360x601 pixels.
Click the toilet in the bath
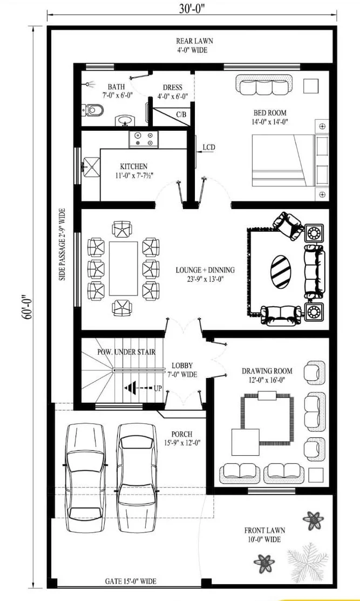[93, 110]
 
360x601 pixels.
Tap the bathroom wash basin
[124, 121]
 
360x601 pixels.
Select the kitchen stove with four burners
[143, 139]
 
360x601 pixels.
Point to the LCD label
[209, 147]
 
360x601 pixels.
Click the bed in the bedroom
[290, 160]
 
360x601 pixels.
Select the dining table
[123, 268]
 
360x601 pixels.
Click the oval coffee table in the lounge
[281, 272]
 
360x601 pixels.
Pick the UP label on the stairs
[158, 388]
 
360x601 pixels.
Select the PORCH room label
[182, 434]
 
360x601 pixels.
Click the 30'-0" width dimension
[192, 9]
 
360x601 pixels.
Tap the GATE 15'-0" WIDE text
[131, 582]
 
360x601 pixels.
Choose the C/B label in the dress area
[181, 114]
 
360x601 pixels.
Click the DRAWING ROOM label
[267, 371]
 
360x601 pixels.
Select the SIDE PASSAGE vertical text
[63, 244]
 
